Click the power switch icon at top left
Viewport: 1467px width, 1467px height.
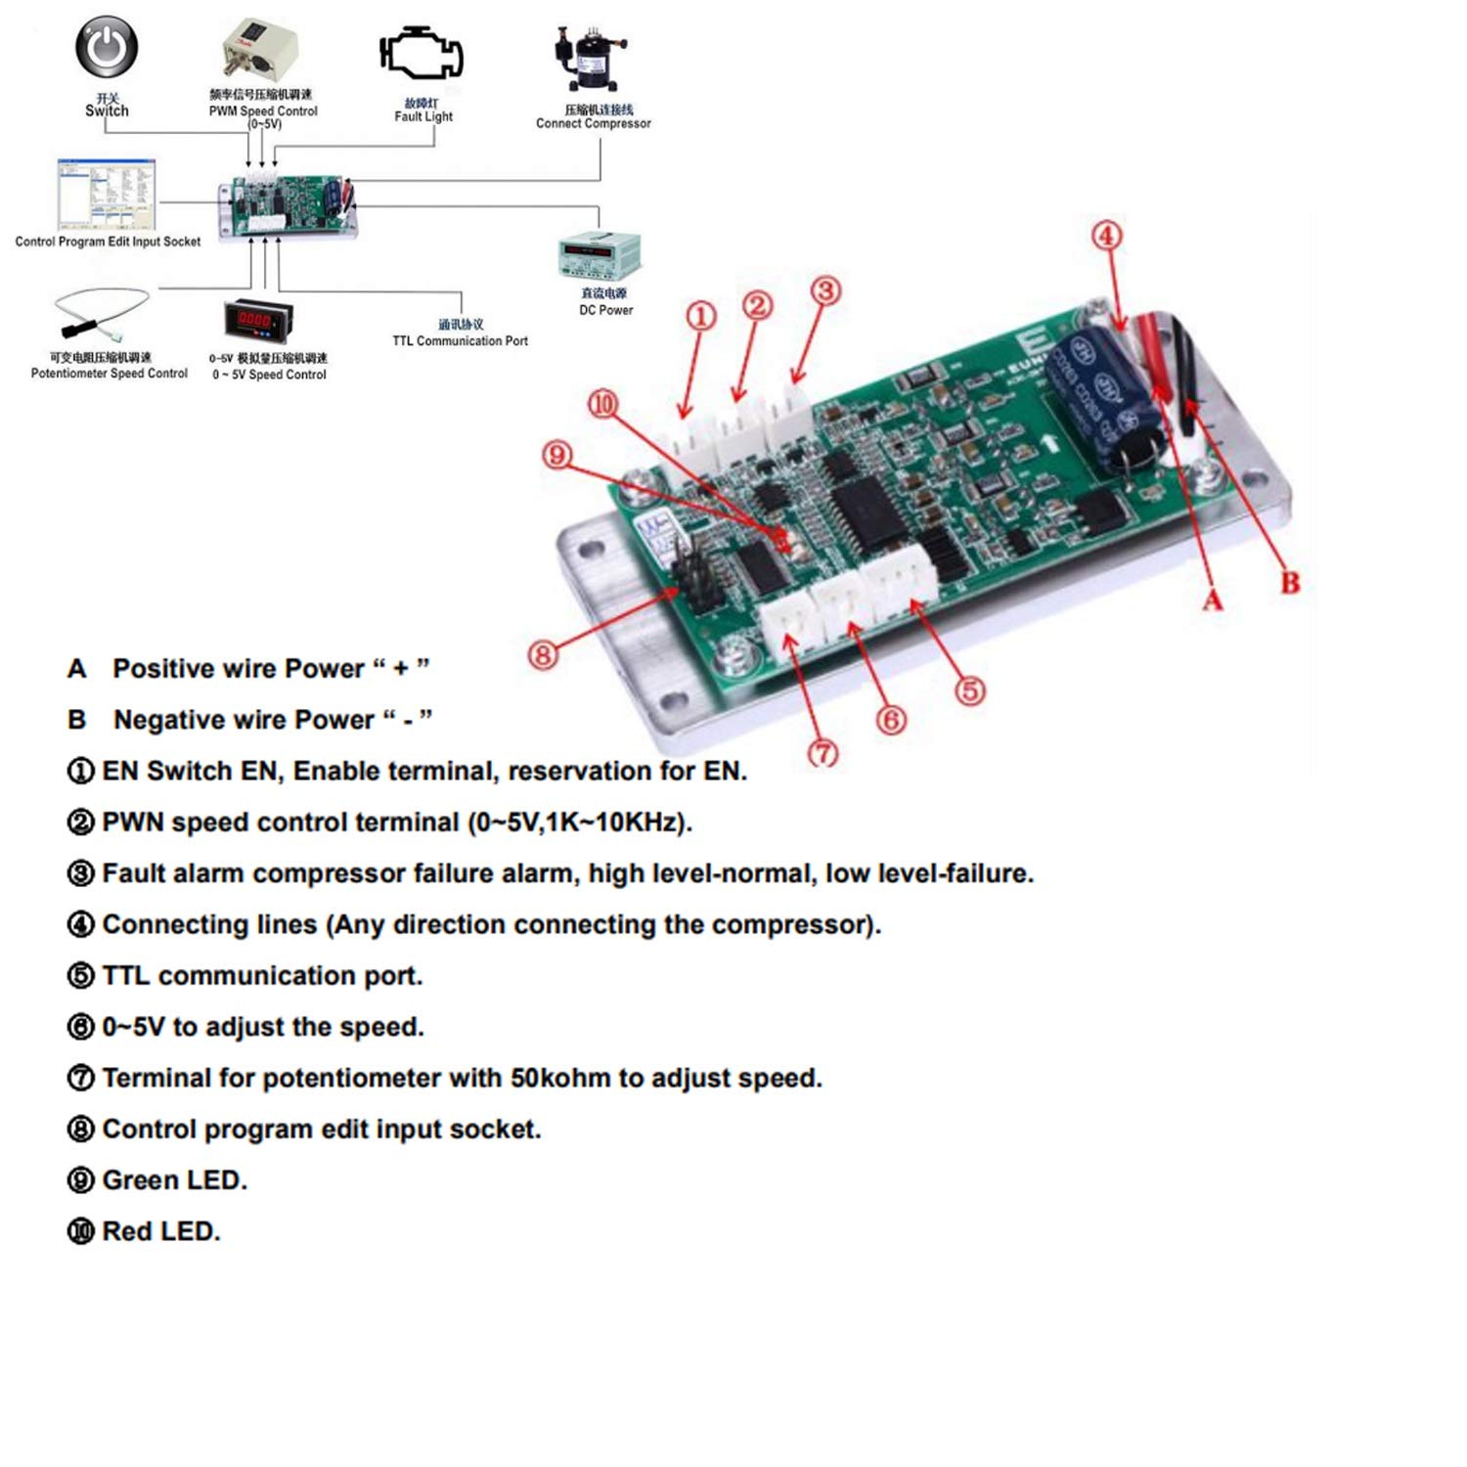pos(107,46)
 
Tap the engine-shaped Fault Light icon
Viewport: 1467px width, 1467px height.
pos(422,56)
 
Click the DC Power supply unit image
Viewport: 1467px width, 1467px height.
pos(600,256)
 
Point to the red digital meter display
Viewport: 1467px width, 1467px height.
pos(258,320)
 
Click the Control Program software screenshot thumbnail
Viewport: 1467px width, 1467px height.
pos(106,194)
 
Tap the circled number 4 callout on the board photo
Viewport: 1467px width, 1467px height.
pos(1106,236)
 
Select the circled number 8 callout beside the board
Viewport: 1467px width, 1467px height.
pos(543,653)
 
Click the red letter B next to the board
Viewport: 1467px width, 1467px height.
pos(1290,583)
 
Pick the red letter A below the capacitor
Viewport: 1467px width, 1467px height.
pos(1212,600)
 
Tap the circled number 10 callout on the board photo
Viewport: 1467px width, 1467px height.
pos(603,404)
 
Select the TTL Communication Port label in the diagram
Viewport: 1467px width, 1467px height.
pos(460,341)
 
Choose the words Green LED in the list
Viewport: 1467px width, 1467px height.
pos(174,1180)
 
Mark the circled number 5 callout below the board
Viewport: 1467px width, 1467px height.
pos(969,690)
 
